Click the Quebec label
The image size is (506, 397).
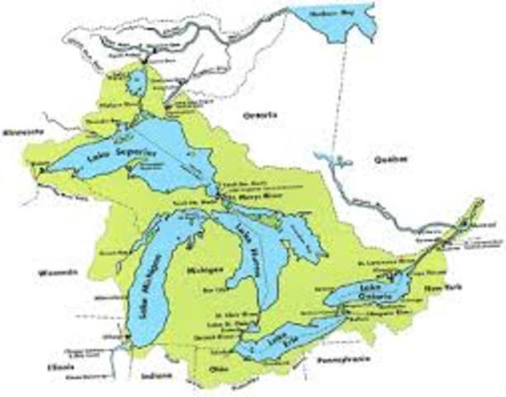click(389, 160)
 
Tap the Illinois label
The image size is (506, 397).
click(59, 365)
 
